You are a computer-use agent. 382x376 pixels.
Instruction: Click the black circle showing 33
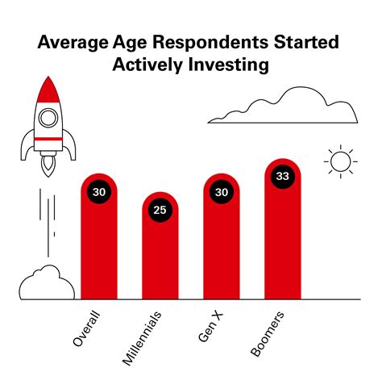(x=282, y=176)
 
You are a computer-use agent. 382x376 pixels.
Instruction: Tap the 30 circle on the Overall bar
(x=99, y=192)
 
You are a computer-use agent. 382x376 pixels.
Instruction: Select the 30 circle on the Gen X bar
(x=222, y=192)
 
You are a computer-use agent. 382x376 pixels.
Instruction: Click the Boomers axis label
(x=267, y=331)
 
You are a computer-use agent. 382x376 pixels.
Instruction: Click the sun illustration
(x=340, y=161)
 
